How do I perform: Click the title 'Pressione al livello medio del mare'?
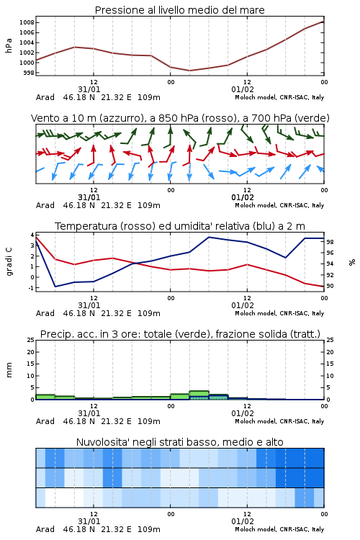coord(179,10)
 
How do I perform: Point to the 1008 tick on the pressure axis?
coord(27,23)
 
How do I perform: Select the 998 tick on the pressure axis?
coord(28,73)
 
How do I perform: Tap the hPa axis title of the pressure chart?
coord(9,45)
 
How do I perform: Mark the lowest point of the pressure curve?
coord(189,71)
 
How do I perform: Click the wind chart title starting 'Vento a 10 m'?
coord(180,118)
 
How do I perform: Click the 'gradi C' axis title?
coord(9,261)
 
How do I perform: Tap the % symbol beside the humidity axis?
coord(352,262)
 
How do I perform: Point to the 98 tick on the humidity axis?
coord(330,242)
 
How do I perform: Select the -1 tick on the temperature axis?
coord(32,287)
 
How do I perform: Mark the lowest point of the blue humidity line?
coord(55,287)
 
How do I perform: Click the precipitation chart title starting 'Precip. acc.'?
coord(180,334)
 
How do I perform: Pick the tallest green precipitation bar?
coord(199,395)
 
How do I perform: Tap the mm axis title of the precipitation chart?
coord(9,369)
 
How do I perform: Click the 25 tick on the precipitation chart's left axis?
coord(31,340)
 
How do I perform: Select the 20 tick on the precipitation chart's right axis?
coord(330,352)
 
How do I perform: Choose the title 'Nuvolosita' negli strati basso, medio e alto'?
coord(180,442)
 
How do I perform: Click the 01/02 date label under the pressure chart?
coord(243,89)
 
